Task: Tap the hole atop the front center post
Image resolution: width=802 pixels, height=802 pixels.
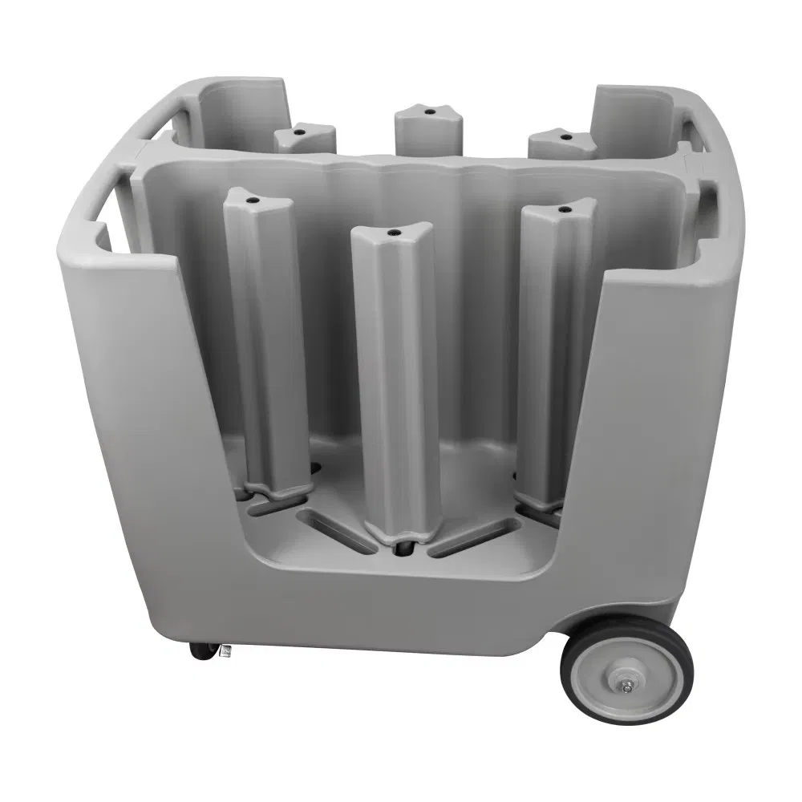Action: point(395,233)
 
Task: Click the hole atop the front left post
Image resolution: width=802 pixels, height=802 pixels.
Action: point(251,196)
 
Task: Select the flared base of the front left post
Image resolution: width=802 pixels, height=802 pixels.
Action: point(277,488)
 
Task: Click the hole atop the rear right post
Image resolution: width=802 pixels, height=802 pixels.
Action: point(566,137)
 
